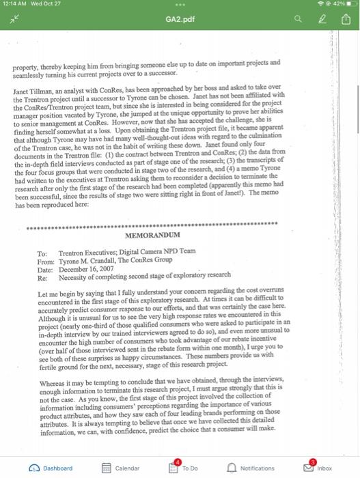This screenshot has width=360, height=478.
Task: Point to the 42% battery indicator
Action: pos(340,5)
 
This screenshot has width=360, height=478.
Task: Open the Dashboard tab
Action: pos(51,468)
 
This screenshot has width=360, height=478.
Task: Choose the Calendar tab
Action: pos(120,468)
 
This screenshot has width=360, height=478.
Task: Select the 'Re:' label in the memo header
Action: pos(42,277)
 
